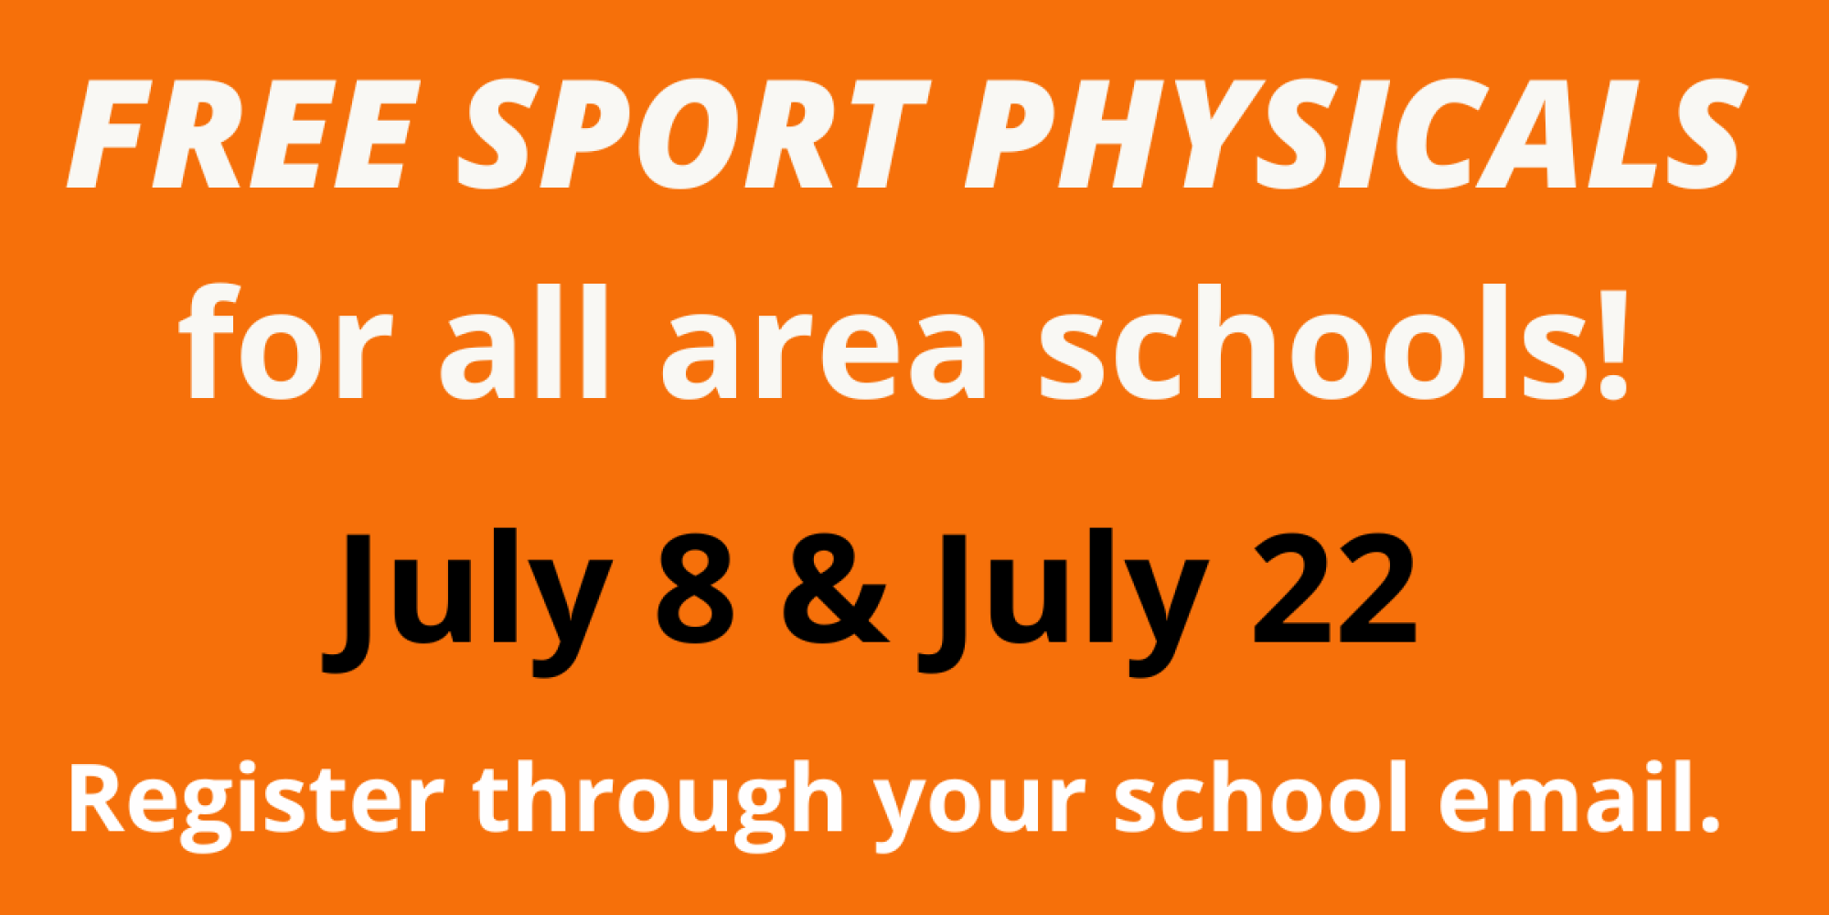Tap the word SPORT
coord(694,135)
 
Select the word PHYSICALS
coord(1354,135)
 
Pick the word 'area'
coord(824,357)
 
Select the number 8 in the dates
coord(695,588)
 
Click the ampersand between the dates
coord(835,588)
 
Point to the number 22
coord(1334,588)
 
